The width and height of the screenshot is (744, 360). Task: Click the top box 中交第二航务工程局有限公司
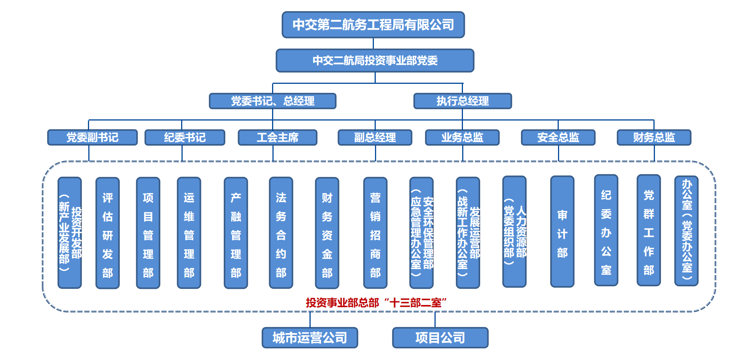coord(373,25)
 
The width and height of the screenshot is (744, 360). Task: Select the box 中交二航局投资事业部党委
coord(375,60)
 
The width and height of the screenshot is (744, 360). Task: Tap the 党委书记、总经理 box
coord(272,101)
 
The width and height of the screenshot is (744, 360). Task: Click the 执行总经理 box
coord(463,101)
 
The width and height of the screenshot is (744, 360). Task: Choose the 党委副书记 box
coord(92,137)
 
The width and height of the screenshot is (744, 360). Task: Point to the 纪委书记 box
coord(185,137)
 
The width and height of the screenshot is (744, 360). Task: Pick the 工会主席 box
coord(278,137)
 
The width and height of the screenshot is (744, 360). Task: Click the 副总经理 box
coord(375,137)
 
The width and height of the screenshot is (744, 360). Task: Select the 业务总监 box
coord(462,137)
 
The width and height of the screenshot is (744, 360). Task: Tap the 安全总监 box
coord(558,137)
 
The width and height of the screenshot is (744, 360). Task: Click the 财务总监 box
coord(654,137)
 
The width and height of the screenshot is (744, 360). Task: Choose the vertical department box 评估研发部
coord(107,233)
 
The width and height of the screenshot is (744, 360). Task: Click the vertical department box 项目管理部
coord(148,233)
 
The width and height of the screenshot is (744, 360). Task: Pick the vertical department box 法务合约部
coord(281,233)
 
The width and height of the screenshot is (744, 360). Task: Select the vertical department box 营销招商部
coord(375,233)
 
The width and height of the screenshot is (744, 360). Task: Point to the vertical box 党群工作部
coord(649,231)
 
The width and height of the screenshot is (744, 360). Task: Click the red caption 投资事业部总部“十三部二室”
coord(376,302)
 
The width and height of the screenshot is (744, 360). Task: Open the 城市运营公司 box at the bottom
coord(310,338)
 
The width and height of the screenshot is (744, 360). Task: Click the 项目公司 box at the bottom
coord(440,338)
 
